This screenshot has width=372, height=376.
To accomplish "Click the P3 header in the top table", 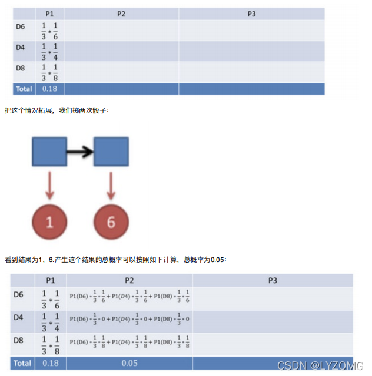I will pos(251,14).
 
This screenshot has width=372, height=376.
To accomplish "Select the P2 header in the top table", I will pos(121,14).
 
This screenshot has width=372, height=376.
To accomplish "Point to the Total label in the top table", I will pos(22,89).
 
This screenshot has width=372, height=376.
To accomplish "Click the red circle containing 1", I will pos(50,221).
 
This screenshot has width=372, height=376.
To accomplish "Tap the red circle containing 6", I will pos(111,221).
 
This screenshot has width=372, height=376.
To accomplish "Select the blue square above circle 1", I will pos(49,152).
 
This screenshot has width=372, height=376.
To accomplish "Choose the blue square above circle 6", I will pos(111,152).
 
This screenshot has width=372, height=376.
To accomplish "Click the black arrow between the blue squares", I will pos(80,152).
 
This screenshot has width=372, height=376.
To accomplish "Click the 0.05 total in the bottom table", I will pos(129,363).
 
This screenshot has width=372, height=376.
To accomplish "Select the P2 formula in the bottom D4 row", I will pos(130,319).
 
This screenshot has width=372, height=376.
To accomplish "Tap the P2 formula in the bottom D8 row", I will pos(130,342).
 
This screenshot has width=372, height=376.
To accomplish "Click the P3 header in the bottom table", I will pos(273,280).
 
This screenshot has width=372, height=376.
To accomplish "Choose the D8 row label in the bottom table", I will pos(19,340).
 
